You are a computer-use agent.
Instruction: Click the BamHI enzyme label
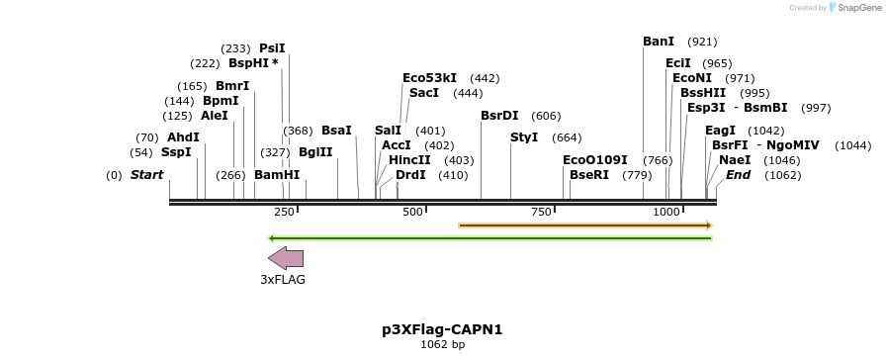coord(277,175)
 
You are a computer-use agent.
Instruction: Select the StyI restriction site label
coord(524,136)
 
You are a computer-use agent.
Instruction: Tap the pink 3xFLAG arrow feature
coord(286,258)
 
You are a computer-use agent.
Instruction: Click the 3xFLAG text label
coord(283,280)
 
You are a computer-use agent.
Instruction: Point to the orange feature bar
coord(585,225)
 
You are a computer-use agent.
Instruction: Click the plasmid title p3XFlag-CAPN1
coord(442,329)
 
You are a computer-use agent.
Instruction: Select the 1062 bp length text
coord(442,345)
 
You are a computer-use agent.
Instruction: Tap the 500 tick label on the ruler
coord(413,212)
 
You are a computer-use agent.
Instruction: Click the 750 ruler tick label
coord(541,212)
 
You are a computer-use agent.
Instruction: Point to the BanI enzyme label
coord(659,42)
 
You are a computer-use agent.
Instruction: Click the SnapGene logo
coord(853,8)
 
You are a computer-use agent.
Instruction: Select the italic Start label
coord(146,175)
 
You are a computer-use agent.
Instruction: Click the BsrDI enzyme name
coord(499,116)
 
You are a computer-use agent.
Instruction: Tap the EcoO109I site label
coord(595,159)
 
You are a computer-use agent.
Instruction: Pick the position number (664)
coord(567,137)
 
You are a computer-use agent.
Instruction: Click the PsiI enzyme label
coord(272,47)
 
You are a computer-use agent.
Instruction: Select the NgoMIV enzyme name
coord(794,144)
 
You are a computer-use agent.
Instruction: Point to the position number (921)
coord(702,43)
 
